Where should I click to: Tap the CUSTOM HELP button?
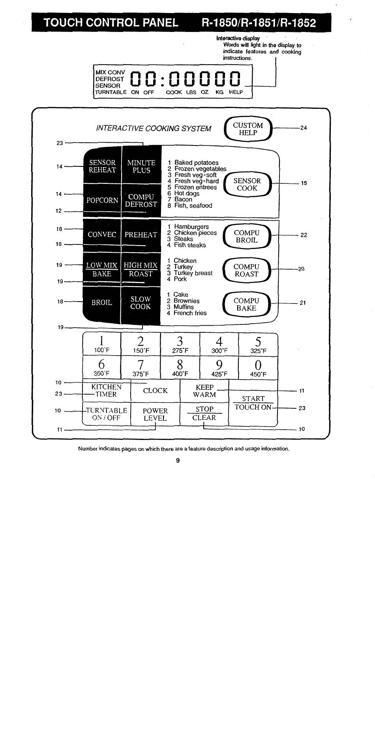click(x=248, y=129)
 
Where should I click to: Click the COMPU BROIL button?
click(x=247, y=237)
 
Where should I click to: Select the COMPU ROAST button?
click(x=247, y=270)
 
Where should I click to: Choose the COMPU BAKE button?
click(x=247, y=304)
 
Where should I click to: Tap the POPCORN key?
click(x=102, y=200)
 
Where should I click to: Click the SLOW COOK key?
click(x=141, y=303)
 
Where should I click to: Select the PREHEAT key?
click(x=141, y=235)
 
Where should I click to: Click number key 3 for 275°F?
click(x=180, y=344)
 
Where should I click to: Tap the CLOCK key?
click(x=155, y=391)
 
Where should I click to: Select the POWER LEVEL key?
click(x=155, y=414)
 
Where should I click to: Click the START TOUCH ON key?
click(x=253, y=403)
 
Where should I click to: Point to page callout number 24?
click(x=304, y=128)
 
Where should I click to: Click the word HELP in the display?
click(x=236, y=92)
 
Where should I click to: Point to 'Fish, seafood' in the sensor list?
click(x=193, y=206)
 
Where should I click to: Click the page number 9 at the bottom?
click(x=178, y=460)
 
